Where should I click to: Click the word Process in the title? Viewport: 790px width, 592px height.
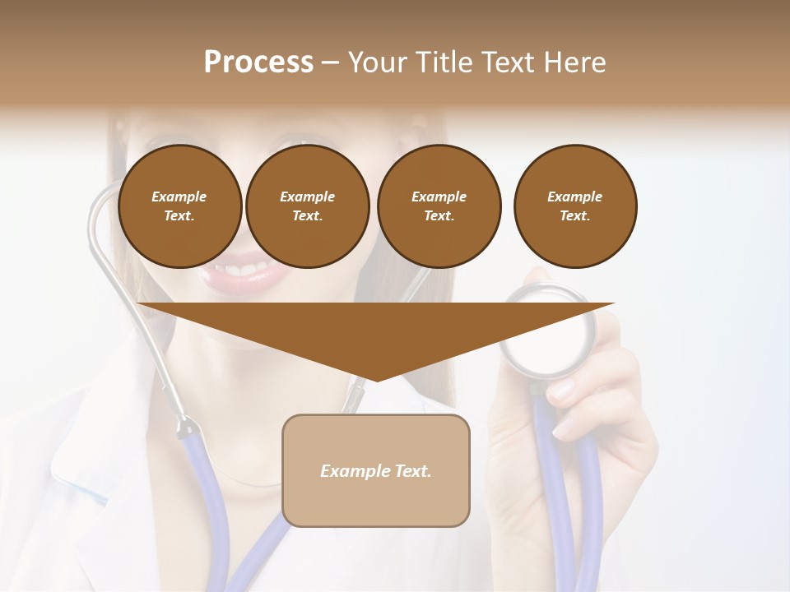click(258, 62)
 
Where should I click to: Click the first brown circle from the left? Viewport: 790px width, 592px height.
click(180, 206)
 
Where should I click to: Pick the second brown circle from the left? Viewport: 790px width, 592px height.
click(308, 206)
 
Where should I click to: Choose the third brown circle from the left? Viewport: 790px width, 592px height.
click(439, 206)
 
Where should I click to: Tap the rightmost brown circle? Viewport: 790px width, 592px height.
click(575, 206)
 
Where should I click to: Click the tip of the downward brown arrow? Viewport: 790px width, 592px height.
click(376, 380)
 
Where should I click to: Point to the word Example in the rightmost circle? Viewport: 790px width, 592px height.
click(575, 197)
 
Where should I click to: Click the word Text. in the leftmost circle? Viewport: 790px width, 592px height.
click(179, 216)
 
